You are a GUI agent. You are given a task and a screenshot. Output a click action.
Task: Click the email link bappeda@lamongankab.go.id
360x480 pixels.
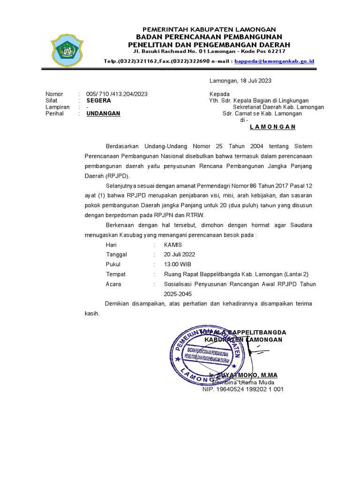pyautogui.click(x=274, y=61)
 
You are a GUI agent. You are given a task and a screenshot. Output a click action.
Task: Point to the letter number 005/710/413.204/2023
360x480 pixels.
pyautogui.click(x=117, y=94)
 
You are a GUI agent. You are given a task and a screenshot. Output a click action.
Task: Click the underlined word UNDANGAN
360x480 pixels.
pyautogui.click(x=104, y=113)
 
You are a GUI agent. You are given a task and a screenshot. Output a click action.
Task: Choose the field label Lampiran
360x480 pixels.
pyautogui.click(x=58, y=107)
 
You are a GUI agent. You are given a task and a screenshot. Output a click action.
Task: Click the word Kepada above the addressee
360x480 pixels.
pyautogui.click(x=219, y=94)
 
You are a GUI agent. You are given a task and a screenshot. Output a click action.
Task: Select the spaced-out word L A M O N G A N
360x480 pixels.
pyautogui.click(x=273, y=127)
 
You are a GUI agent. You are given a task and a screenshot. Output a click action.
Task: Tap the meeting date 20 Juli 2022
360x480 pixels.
pyautogui.click(x=180, y=255)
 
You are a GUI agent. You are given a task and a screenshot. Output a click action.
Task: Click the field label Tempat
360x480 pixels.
pyautogui.click(x=116, y=274)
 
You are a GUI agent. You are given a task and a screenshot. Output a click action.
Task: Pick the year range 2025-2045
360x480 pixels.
pyautogui.click(x=178, y=294)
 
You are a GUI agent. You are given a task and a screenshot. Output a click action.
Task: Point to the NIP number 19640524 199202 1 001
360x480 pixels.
pyautogui.click(x=243, y=389)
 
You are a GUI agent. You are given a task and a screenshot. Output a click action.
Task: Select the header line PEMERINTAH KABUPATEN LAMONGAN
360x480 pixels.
pyautogui.click(x=209, y=29)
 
